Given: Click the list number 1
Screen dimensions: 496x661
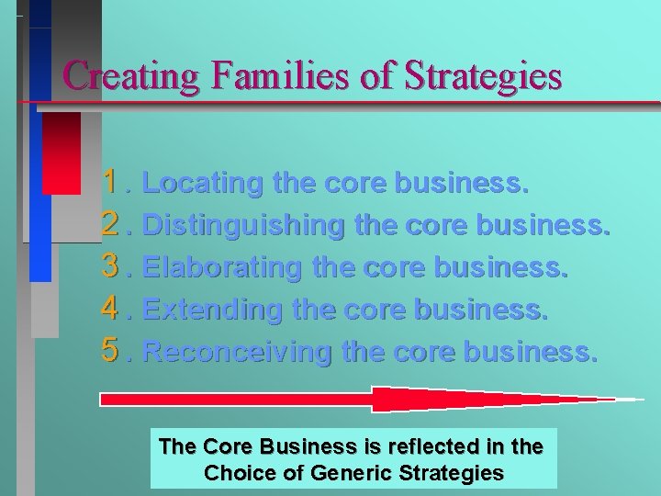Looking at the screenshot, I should (114, 182).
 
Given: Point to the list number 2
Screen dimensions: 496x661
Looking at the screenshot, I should (114, 224).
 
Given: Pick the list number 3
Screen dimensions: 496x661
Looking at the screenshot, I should (114, 266).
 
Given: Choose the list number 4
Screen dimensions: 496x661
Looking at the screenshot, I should (114, 309).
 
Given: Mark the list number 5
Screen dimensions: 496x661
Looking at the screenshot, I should (114, 351).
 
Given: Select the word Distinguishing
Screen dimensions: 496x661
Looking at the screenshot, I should (241, 226).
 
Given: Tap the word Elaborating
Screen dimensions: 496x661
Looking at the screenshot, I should (222, 268).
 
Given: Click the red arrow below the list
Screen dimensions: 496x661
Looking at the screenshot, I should (367, 400).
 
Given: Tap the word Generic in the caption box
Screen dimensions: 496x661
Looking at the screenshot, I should (353, 474).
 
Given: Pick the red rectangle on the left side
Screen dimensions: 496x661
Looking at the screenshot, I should (62, 152).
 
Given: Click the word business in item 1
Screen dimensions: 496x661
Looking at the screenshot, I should (461, 184).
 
